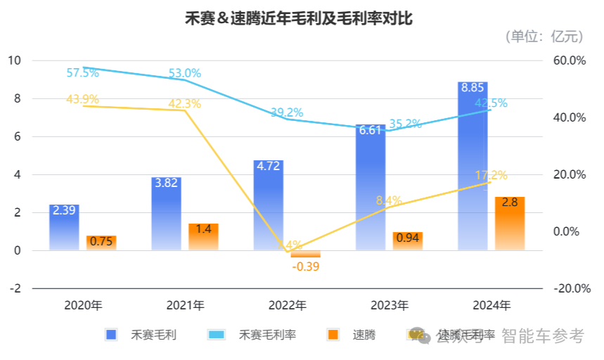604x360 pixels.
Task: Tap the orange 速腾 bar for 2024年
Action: (510, 224)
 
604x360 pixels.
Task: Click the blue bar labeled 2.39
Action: (64, 227)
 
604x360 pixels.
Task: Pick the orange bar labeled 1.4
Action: (203, 237)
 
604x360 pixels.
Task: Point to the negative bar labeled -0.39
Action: (305, 254)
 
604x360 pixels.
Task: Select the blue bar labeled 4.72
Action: (268, 205)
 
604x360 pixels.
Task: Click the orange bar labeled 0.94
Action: (407, 241)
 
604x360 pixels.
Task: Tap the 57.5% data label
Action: (83, 72)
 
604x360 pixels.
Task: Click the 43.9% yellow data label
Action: (82, 99)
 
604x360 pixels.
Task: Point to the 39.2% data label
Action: (286, 112)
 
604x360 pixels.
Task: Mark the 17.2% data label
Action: (491, 175)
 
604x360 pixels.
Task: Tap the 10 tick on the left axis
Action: (14, 60)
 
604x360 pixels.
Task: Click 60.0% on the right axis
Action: (568, 60)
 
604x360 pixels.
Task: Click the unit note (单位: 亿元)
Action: (544, 36)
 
